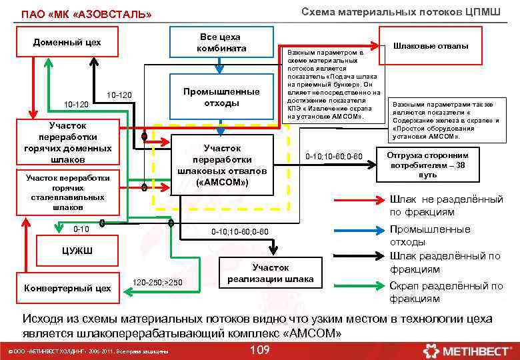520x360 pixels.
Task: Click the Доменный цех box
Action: click(x=67, y=43)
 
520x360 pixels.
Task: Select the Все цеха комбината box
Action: click(x=222, y=43)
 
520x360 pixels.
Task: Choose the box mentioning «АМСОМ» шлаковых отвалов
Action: click(x=222, y=165)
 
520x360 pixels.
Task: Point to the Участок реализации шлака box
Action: click(x=271, y=273)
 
